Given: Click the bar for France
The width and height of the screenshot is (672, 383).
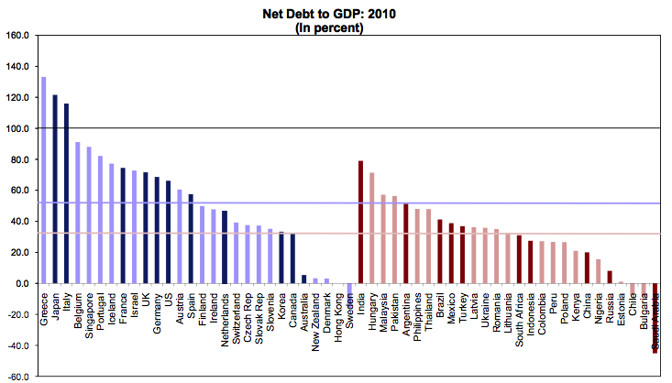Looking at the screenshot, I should click(x=123, y=225).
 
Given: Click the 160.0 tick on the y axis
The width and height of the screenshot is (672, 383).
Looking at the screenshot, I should click(x=18, y=36).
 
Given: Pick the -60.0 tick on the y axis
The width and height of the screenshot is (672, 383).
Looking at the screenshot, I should click(x=18, y=377).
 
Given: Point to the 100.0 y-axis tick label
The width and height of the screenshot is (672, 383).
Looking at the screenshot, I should click(x=18, y=128).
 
